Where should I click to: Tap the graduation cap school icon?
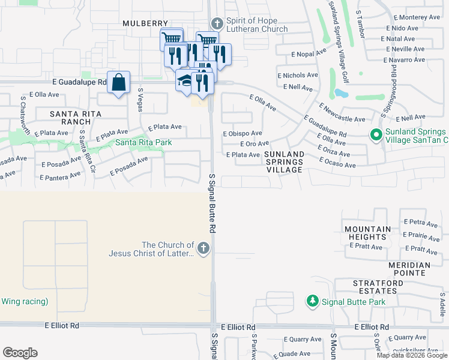pos(185,80)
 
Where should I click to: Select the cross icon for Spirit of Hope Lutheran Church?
pos(217,24)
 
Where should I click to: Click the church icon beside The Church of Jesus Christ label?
pos(204,248)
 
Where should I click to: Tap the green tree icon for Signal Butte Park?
pos(312,301)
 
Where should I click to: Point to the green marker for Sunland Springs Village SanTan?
pos(376,136)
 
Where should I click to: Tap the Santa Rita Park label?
pos(143,142)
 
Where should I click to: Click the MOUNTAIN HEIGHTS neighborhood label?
pos(368,233)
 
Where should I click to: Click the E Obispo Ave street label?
pos(242,133)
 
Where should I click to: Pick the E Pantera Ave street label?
pos(61,176)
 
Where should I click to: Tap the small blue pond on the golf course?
pos(340,94)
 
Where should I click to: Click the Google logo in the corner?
pos(20,353)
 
